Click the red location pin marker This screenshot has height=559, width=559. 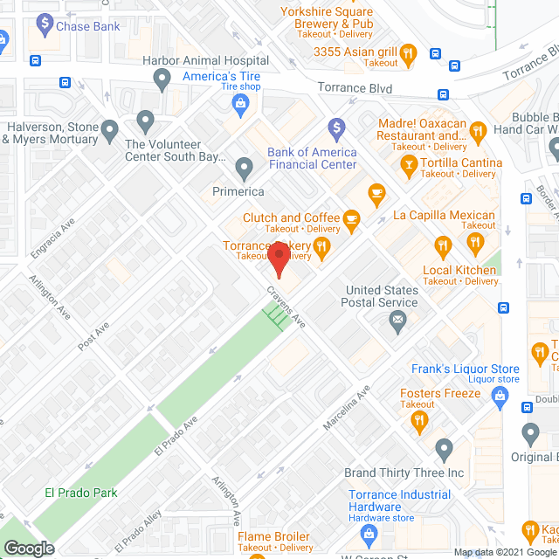[x=279, y=259]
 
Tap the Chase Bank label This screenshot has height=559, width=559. [x=87, y=26]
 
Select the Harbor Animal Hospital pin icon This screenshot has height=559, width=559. [x=162, y=80]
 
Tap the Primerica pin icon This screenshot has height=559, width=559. [x=244, y=166]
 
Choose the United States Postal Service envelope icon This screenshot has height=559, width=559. [x=398, y=321]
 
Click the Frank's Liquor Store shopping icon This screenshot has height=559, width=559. [x=500, y=397]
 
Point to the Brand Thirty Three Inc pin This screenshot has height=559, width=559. [x=444, y=451]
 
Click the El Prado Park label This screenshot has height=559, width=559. [x=81, y=493]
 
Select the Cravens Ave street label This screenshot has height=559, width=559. [x=286, y=308]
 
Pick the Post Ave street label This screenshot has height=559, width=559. [x=93, y=336]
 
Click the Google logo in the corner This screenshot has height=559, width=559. [x=29, y=548]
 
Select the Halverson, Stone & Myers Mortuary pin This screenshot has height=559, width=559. [x=109, y=132]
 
